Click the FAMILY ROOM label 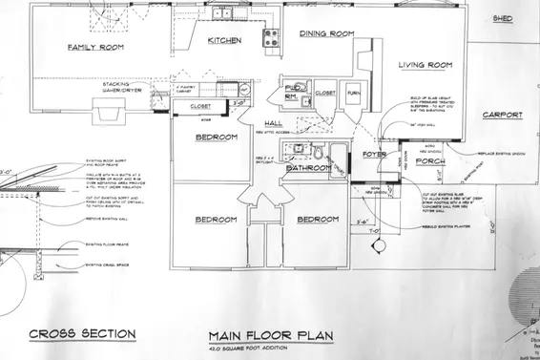(97, 47)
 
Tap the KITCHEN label (223, 40)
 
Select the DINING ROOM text (327, 33)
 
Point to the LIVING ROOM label (425, 65)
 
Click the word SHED (503, 18)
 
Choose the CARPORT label (503, 115)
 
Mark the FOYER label (374, 153)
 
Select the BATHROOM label (308, 168)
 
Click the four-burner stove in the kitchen (271, 37)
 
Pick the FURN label (353, 94)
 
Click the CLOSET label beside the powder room (324, 94)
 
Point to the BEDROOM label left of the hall (216, 138)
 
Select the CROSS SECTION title (81, 334)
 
